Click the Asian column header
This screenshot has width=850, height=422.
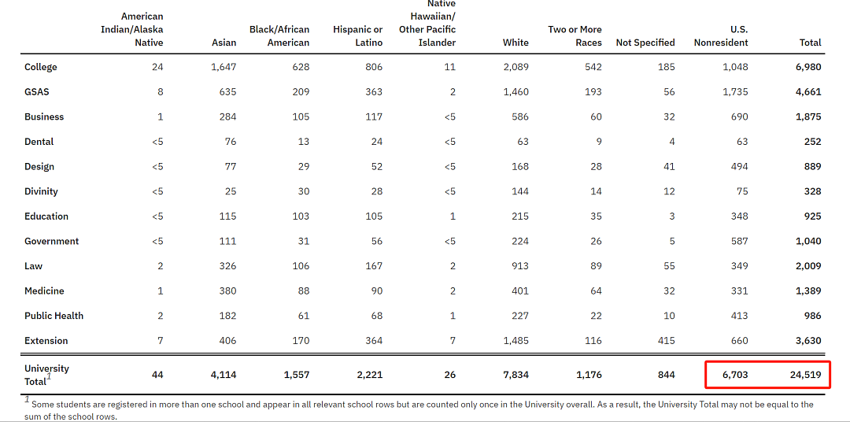coord(224,43)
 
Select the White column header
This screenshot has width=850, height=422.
coord(516,43)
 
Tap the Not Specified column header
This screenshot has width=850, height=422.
coord(645,43)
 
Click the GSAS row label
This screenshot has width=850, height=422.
coord(37,91)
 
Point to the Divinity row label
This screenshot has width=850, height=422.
coord(41,191)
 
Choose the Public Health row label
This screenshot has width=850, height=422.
coord(54,316)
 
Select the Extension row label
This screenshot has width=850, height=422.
coord(46,341)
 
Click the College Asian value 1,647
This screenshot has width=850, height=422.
coord(224,67)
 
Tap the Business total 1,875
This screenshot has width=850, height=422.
coord(808,117)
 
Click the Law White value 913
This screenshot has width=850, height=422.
coord(520,266)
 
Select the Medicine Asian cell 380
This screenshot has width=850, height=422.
coord(227,291)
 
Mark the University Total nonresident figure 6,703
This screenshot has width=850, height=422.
coord(735,375)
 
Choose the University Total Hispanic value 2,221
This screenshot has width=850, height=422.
coord(370,375)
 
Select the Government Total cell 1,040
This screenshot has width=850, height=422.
coord(808,242)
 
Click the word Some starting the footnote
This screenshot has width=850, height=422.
coord(42,404)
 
